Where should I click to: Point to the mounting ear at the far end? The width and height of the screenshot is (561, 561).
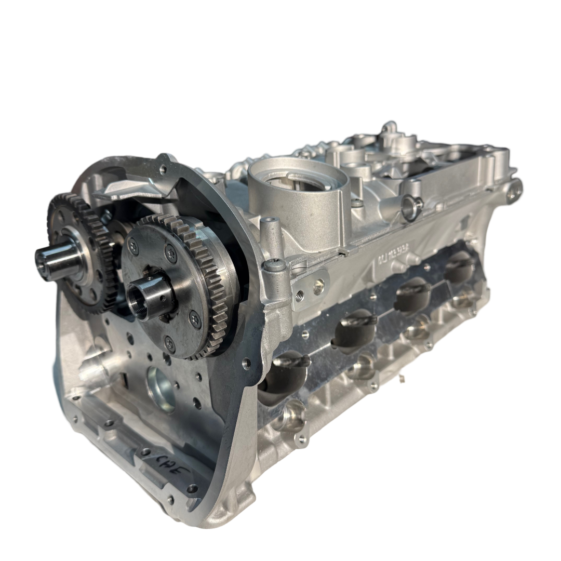click(x=515, y=184)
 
